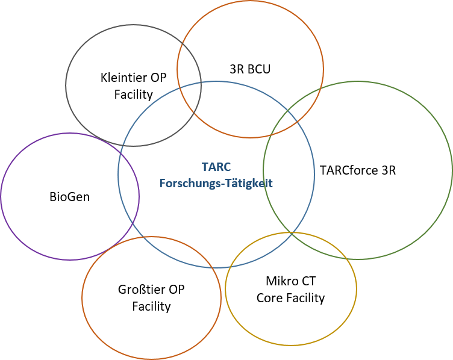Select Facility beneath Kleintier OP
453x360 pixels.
(134, 95)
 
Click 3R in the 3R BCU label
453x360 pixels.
(236, 69)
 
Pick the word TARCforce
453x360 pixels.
(349, 170)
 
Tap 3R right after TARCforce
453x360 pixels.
(389, 170)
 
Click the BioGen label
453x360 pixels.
(70, 197)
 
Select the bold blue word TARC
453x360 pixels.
(216, 167)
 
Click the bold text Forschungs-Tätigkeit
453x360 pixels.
(216, 184)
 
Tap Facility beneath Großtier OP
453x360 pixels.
(151, 306)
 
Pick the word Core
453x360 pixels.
(269, 298)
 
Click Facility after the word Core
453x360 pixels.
(305, 298)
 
